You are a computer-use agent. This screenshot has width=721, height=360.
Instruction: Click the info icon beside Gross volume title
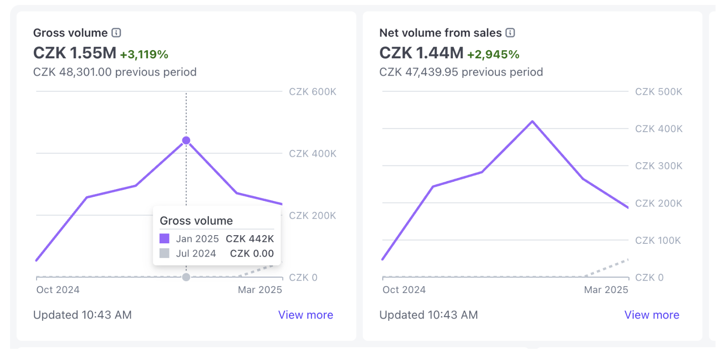coord(117,33)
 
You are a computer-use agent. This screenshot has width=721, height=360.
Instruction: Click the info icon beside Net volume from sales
coord(510,33)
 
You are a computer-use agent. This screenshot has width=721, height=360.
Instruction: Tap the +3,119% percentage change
coord(144,55)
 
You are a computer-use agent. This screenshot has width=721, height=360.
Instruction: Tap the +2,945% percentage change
coord(493,55)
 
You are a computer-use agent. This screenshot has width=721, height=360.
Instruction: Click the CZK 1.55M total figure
coord(75,53)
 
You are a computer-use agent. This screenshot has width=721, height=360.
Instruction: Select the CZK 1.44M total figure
coord(421,53)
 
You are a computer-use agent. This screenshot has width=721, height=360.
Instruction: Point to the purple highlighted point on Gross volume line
coord(186,140)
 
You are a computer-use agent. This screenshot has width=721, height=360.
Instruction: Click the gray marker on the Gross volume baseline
coord(186,277)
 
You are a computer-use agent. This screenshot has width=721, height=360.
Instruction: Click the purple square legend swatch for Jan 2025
coord(165,238)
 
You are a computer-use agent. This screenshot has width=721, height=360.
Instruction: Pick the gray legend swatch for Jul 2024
coord(165,253)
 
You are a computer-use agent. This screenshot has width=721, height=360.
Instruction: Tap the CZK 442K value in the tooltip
coord(250,239)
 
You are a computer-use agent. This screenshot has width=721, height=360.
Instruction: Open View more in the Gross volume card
coord(305,315)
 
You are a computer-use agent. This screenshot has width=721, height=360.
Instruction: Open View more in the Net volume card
coord(652,315)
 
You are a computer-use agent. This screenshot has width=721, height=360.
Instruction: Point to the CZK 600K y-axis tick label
coord(313,92)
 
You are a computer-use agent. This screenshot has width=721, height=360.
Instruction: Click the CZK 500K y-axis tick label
coord(659,92)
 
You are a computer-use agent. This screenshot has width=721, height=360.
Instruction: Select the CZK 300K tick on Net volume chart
coord(659,166)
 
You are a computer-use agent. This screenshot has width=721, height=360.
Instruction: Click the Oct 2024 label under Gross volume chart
coord(58,290)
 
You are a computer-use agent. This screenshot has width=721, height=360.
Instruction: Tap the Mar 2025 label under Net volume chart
coord(606,290)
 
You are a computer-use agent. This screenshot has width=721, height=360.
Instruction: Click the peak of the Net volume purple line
coord(532,122)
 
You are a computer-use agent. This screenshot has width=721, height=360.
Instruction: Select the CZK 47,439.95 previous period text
coord(461,72)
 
